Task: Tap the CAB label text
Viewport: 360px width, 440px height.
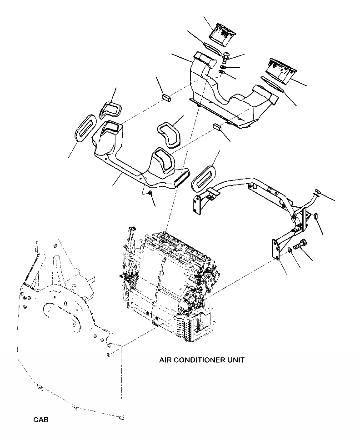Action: tap(40, 420)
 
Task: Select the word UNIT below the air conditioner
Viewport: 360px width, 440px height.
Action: tap(236, 360)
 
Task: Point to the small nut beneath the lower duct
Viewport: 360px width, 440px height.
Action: tap(149, 194)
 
